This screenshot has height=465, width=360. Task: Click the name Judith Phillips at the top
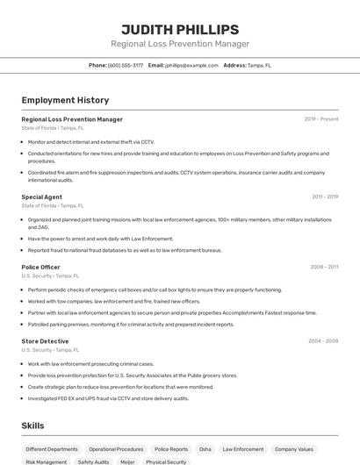click(180, 29)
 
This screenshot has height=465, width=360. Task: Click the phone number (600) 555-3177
click(125, 65)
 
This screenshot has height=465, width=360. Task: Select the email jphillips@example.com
click(191, 65)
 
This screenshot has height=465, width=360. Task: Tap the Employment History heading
click(65, 100)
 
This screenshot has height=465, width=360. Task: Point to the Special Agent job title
click(41, 197)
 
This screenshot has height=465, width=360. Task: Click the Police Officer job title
click(40, 267)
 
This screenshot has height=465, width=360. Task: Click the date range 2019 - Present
click(320, 119)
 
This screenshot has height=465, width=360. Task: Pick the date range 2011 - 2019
click(324, 197)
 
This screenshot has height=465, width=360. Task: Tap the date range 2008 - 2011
click(324, 267)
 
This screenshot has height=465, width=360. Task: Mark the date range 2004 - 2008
click(323, 340)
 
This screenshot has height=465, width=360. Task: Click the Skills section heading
click(32, 426)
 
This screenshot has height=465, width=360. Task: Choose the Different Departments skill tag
click(52, 449)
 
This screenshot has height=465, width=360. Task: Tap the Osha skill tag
click(205, 449)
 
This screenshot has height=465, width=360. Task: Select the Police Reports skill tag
click(171, 449)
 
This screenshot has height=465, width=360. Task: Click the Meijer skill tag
click(127, 461)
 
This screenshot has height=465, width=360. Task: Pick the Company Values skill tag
click(293, 449)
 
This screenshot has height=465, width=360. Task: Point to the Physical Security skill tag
click(166, 461)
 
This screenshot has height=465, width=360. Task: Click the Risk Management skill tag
click(47, 461)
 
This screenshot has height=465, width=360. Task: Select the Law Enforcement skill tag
click(243, 449)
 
